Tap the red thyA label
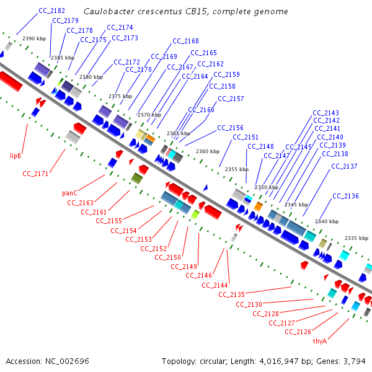[x=320, y=341]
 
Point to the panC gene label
[x=70, y=193]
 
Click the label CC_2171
[x=35, y=174]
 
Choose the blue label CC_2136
[x=345, y=196]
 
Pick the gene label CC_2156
[x=230, y=128]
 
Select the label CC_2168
[x=185, y=41]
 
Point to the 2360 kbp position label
[x=208, y=151]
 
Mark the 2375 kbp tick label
[x=120, y=96]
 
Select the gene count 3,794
[x=355, y=361]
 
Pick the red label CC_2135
[x=232, y=294]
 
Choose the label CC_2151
[x=246, y=137]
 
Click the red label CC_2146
[x=198, y=275]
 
